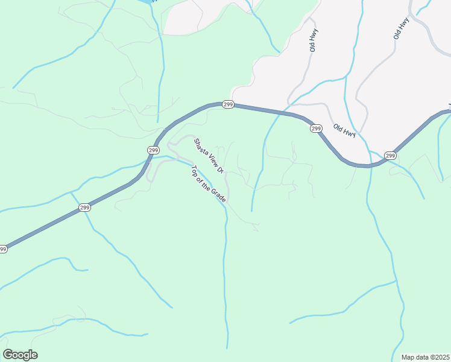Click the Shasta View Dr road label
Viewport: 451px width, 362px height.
pyautogui.click(x=209, y=156)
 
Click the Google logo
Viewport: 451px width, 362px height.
pyautogui.click(x=20, y=355)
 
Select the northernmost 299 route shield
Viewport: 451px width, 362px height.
pyautogui.click(x=227, y=104)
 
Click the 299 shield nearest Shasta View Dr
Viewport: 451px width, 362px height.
pyautogui.click(x=153, y=150)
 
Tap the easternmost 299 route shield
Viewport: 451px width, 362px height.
pyautogui.click(x=390, y=156)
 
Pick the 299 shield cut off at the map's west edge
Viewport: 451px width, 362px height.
pyautogui.click(x=3, y=249)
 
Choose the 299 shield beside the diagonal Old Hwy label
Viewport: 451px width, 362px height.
pyautogui.click(x=316, y=129)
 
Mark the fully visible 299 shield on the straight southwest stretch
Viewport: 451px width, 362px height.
pyautogui.click(x=84, y=208)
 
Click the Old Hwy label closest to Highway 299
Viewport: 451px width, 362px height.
pyautogui.click(x=345, y=130)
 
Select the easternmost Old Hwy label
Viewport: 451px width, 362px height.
pyautogui.click(x=401, y=28)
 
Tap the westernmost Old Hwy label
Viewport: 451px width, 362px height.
pyautogui.click(x=314, y=40)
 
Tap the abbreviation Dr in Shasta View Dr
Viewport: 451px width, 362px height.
pyautogui.click(x=220, y=170)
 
